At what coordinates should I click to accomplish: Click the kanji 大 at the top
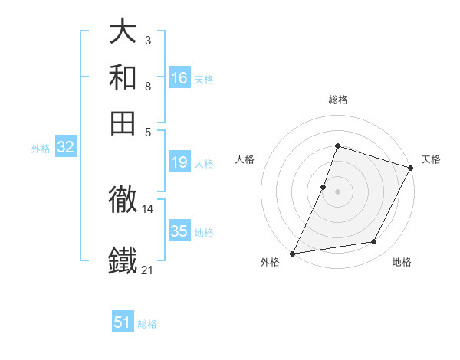[123, 31]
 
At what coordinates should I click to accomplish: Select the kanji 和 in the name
[123, 77]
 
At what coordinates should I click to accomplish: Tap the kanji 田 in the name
[123, 122]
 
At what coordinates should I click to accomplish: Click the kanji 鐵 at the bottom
[123, 260]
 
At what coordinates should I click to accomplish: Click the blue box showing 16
[179, 78]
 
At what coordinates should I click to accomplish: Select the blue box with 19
[179, 162]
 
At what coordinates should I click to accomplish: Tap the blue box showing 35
[179, 231]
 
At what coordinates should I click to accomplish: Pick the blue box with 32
[65, 148]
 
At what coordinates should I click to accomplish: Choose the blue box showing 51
[123, 322]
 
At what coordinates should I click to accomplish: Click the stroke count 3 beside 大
[147, 40]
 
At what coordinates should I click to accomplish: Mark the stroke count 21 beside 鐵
[148, 270]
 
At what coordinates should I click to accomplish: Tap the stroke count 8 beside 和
[147, 86]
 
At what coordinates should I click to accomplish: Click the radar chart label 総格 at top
[337, 100]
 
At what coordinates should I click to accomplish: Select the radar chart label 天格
[431, 159]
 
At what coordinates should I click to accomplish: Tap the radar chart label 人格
[245, 159]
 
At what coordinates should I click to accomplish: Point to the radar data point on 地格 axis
[374, 242]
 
